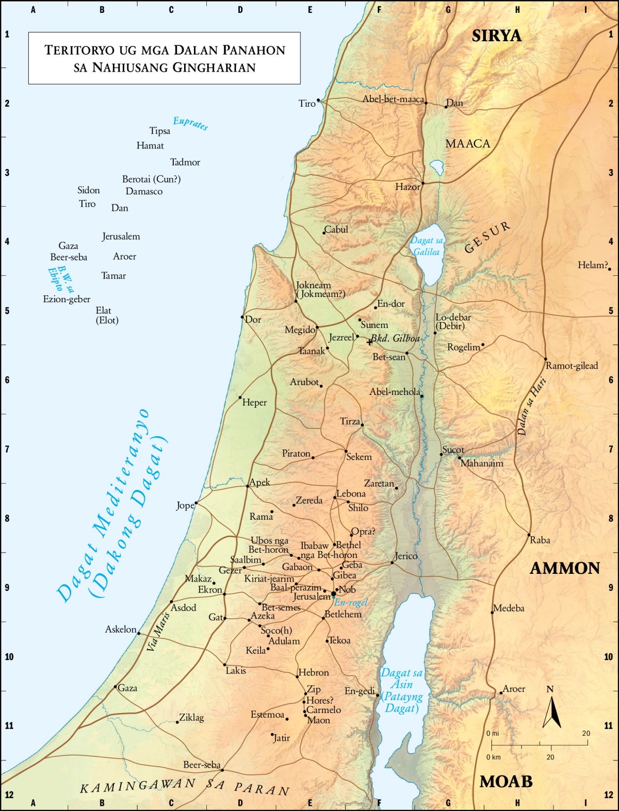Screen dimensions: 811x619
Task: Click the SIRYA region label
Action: coord(496,36)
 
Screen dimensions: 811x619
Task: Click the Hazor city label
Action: coord(408,187)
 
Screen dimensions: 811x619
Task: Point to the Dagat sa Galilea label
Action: coord(427,246)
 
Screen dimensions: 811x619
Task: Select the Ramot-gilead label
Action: coord(572,366)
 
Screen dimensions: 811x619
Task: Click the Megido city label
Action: coord(300,330)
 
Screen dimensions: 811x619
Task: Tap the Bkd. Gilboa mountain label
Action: coord(395,338)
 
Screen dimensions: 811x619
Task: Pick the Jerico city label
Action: coord(406,556)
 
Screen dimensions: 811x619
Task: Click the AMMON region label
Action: coord(565,568)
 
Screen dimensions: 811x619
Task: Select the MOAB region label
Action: coord(506,782)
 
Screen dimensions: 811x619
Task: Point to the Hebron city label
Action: coord(314,672)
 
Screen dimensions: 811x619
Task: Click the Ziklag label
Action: coord(191,718)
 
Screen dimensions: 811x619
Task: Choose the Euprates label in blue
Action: coord(190,123)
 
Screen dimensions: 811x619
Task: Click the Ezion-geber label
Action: coord(67,299)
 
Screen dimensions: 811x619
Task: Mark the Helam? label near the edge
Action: coord(593,265)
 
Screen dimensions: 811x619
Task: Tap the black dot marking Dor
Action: coord(242,317)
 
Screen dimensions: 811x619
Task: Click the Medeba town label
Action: coord(509,608)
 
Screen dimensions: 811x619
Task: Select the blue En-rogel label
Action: coord(351,602)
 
